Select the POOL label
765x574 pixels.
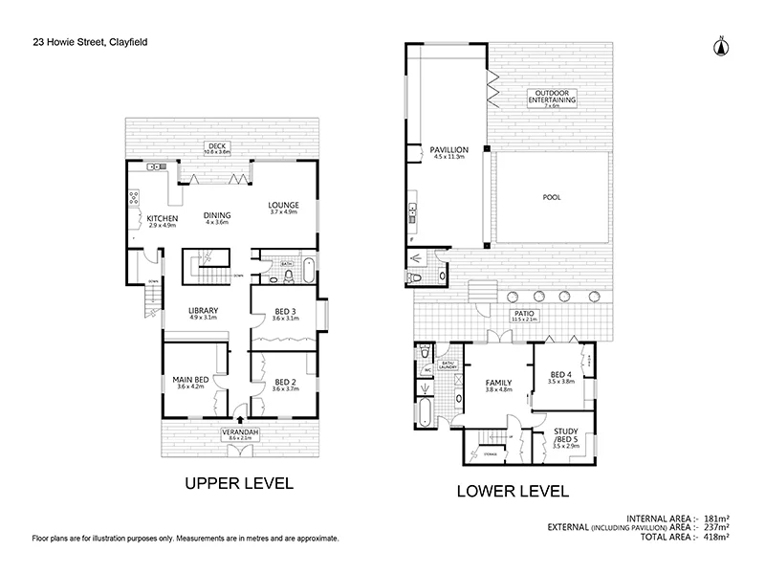click(552, 197)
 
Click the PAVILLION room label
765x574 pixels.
click(448, 150)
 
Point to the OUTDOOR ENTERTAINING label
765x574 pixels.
click(555, 96)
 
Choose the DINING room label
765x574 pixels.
click(216, 216)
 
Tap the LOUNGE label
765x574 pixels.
click(284, 205)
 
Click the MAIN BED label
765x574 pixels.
click(191, 380)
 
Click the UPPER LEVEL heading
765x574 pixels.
click(237, 485)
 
